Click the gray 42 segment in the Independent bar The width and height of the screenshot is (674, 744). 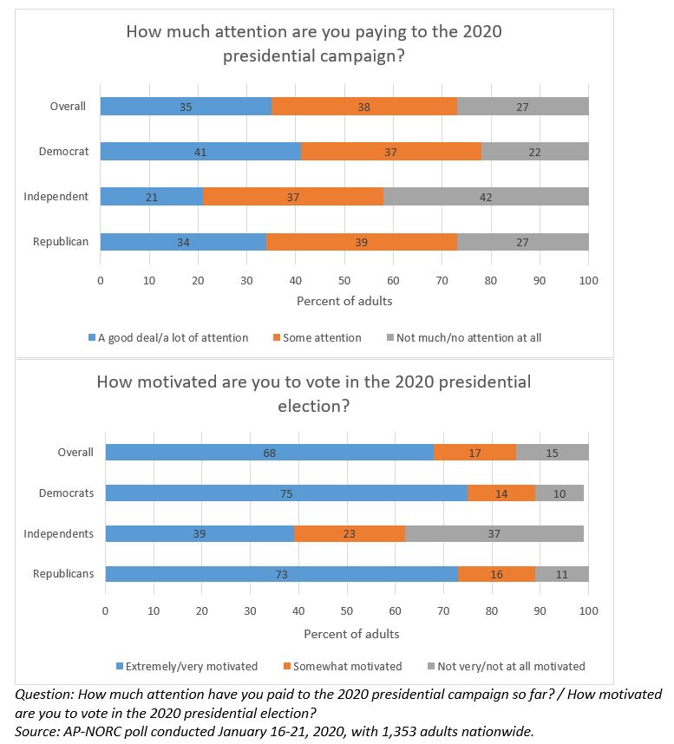click(x=486, y=197)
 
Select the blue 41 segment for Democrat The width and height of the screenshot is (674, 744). click(x=200, y=152)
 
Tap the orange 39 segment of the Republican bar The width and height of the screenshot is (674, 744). click(x=362, y=242)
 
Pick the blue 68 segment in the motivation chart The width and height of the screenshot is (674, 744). click(x=269, y=452)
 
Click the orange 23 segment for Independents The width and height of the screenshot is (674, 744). click(x=350, y=533)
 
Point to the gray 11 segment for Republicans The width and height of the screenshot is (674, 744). click(x=562, y=574)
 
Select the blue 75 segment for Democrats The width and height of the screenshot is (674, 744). click(x=286, y=493)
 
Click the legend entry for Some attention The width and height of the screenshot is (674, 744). click(x=317, y=338)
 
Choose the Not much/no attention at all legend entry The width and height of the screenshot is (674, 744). click(x=464, y=338)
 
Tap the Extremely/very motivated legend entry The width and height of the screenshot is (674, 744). click(x=187, y=666)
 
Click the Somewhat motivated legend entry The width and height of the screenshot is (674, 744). click(x=343, y=666)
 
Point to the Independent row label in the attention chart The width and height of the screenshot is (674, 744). click(x=56, y=197)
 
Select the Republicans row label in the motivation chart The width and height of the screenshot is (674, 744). click(x=63, y=574)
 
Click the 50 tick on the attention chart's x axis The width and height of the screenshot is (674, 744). click(x=344, y=280)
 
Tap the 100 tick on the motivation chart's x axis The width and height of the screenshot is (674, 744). click(x=589, y=610)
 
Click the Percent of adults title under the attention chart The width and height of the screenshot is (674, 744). click(x=344, y=301)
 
